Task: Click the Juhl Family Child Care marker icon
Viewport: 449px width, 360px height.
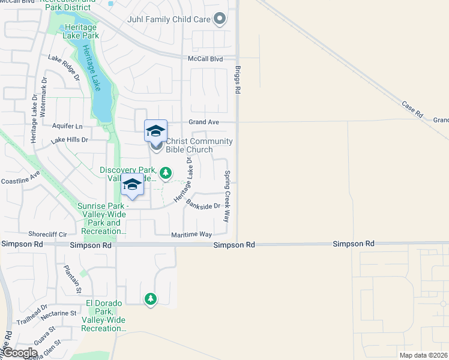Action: click(220, 19)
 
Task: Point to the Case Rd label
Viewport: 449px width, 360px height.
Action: click(412, 109)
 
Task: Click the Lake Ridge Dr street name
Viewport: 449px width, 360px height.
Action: click(64, 68)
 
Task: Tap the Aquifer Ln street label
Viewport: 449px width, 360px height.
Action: click(67, 127)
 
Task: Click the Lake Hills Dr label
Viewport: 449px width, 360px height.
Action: click(70, 140)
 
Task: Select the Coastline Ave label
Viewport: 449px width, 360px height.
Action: click(20, 178)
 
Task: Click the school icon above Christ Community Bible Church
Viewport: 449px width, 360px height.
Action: click(155, 130)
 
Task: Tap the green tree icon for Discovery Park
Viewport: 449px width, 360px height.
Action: click(166, 173)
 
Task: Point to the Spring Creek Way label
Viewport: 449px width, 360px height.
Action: click(228, 197)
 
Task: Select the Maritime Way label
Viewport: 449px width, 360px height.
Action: click(191, 235)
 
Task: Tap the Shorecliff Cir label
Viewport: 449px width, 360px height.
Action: click(47, 234)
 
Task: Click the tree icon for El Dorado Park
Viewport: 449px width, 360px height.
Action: click(150, 298)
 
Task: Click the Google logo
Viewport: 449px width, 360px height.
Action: click(20, 353)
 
